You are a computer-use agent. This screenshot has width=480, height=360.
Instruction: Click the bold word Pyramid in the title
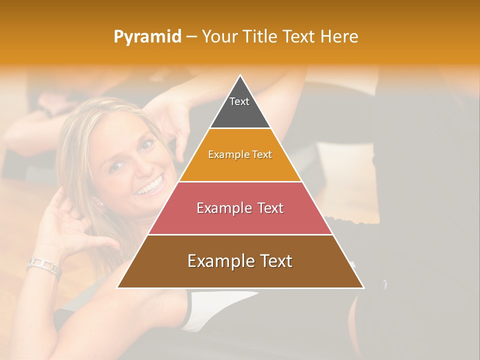pyautogui.click(x=147, y=37)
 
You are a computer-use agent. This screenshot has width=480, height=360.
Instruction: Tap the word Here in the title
pyautogui.click(x=339, y=36)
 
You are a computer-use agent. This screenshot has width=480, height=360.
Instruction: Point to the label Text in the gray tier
pyautogui.click(x=239, y=101)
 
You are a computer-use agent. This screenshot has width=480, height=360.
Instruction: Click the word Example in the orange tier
pyautogui.click(x=223, y=154)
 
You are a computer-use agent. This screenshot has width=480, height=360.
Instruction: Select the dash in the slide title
pyautogui.click(x=191, y=37)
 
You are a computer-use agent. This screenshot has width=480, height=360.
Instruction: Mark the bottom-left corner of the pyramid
pyautogui.click(x=117, y=287)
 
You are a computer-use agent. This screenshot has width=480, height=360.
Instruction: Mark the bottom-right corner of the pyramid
pyautogui.click(x=363, y=287)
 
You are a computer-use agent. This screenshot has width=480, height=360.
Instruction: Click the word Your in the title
pyautogui.click(x=219, y=36)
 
